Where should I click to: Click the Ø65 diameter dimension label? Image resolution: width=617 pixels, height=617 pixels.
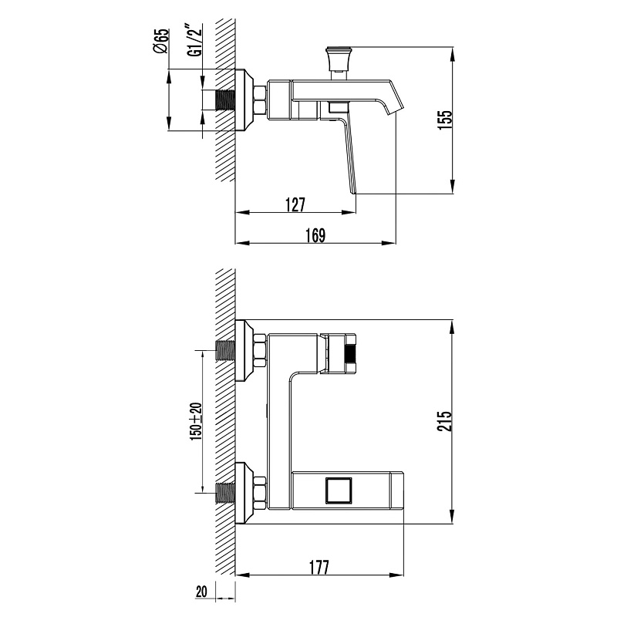pos(161,41)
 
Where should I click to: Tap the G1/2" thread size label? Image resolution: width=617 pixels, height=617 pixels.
pos(194,40)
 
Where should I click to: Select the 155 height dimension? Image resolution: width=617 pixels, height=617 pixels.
pos(445,120)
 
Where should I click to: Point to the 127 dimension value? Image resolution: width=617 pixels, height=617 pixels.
pos(295,204)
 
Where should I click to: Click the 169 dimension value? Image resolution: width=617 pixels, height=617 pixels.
pos(315,235)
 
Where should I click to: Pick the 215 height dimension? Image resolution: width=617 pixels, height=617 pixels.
pos(445,421)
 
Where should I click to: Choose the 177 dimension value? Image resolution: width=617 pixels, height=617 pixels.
pos(319,568)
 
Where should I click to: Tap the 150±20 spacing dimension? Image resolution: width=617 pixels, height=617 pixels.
pos(196,421)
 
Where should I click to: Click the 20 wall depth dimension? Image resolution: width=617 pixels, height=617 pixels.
pos(201,592)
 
